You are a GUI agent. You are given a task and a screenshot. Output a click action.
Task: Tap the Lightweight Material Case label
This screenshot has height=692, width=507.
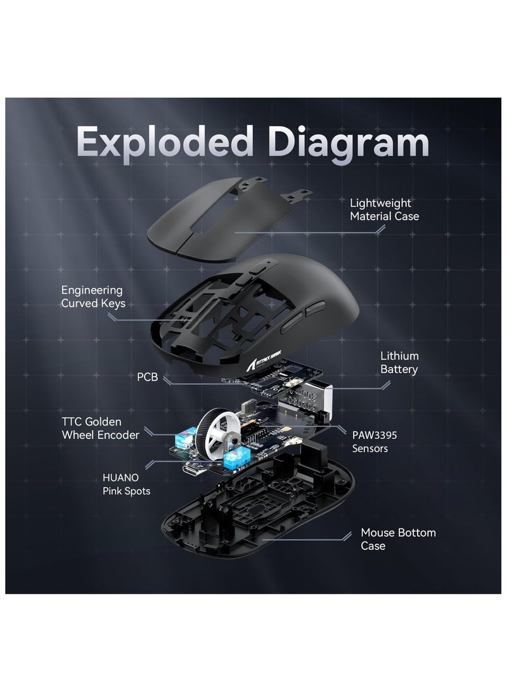click(384, 209)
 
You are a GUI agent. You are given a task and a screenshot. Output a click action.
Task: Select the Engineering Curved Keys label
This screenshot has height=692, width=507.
click(93, 296)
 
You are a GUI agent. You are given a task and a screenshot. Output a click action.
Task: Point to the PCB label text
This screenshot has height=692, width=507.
click(148, 377)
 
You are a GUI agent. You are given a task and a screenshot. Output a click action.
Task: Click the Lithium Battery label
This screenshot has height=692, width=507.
click(399, 362)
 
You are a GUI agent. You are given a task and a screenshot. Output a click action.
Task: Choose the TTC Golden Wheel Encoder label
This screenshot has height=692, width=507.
click(99, 428)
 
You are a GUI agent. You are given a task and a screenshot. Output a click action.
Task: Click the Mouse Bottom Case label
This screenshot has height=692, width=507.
click(398, 539)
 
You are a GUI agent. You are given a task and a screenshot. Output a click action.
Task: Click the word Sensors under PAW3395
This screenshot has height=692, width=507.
click(371, 448)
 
